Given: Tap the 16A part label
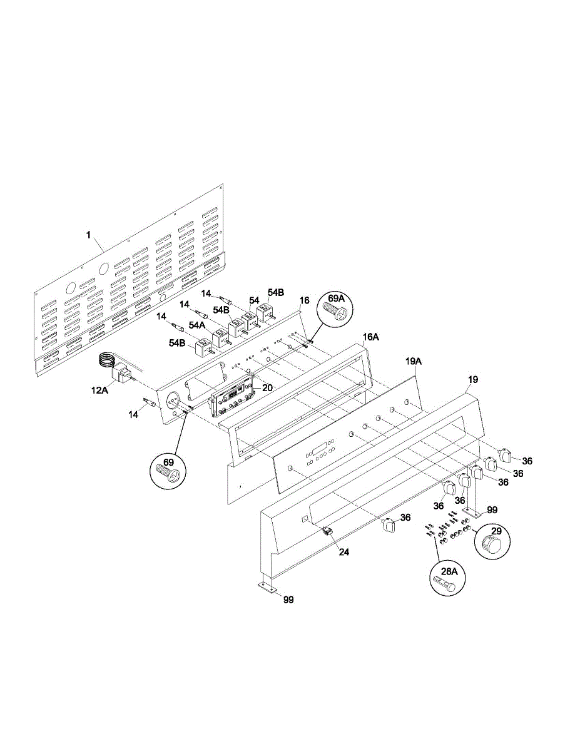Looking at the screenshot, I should [371, 337].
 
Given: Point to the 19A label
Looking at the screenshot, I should [414, 361].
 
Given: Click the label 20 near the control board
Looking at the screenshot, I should [267, 387].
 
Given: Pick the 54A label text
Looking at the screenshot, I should [198, 325].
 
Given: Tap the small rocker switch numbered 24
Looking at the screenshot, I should [327, 532].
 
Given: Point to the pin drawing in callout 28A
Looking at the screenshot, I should [445, 586].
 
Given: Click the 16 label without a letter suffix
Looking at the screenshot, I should [304, 301].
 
